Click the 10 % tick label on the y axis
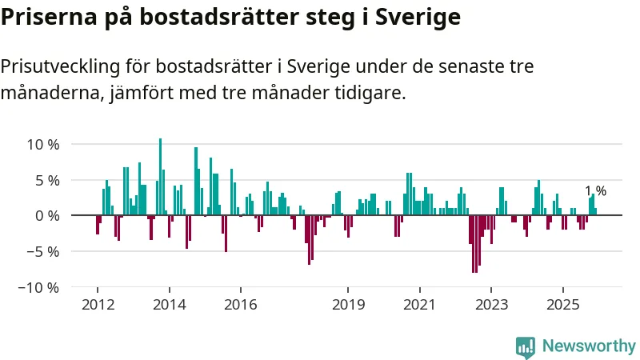point(43,145)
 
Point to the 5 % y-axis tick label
point(47,180)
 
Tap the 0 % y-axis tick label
point(47,216)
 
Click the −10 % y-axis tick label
point(39,287)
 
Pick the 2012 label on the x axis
point(97,305)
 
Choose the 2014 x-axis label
point(169,305)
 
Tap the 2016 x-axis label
point(240,305)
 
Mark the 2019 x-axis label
point(348,305)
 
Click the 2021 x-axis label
point(419,305)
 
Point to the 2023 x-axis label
point(491,305)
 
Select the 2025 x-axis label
point(562,305)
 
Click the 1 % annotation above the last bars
point(595,191)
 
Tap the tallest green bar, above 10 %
point(160,176)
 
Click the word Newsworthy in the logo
point(589,346)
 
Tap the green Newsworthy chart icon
point(526,346)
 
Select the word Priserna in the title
point(48,16)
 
